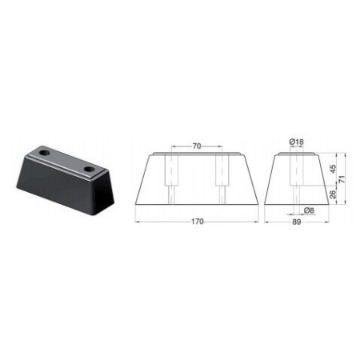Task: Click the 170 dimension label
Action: coord(195,227)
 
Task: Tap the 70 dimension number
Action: coord(195,145)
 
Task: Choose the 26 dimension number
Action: coord(334,194)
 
